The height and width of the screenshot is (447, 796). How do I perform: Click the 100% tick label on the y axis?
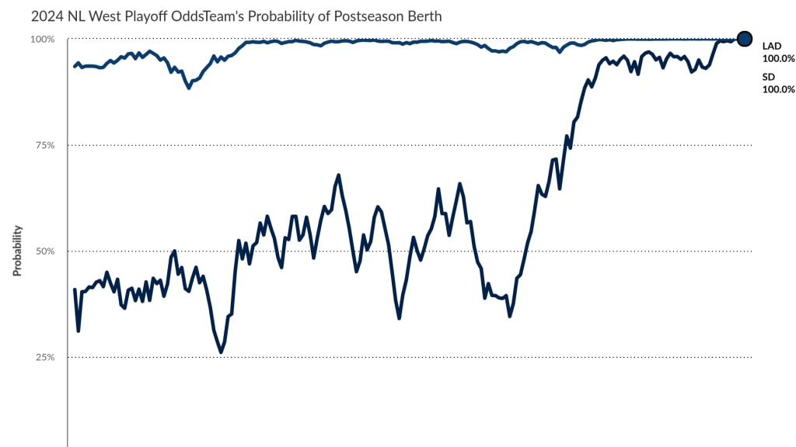tap(42, 40)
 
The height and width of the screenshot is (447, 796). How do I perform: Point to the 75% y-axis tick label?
tap(44, 145)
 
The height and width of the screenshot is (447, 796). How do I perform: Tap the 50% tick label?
tap(44, 251)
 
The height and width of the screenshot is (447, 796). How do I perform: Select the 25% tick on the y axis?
tap(44, 357)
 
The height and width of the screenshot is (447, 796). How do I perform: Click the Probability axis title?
tap(16, 251)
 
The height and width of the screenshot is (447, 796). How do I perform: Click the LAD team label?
tap(772, 46)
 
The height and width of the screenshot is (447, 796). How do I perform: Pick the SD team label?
tap(768, 77)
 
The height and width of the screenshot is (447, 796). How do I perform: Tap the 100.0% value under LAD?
tap(778, 58)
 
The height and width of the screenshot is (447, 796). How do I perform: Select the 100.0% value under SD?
tap(778, 89)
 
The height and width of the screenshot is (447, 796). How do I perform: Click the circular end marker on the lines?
tap(744, 39)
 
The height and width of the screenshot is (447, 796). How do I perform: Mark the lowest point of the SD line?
tap(221, 352)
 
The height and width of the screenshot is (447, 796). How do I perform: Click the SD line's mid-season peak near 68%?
tap(339, 175)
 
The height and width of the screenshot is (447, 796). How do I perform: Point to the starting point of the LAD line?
tap(75, 66)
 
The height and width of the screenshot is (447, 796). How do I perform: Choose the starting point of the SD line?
tap(75, 289)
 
